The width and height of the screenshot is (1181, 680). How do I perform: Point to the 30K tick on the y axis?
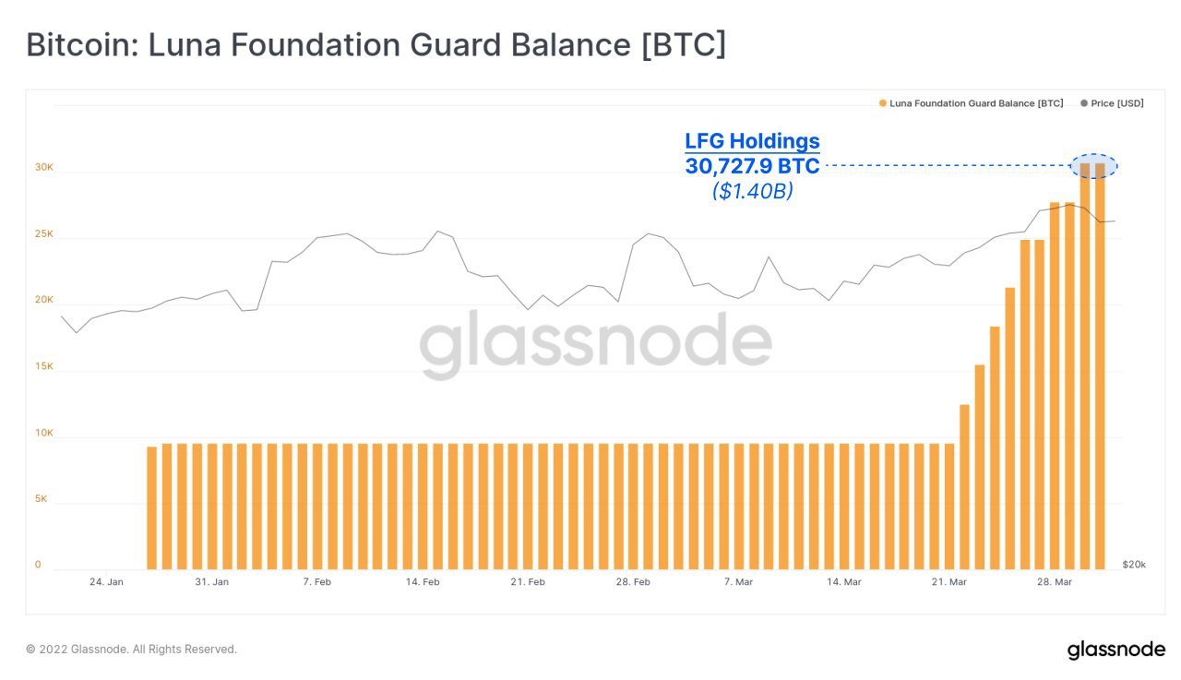[x=44, y=168]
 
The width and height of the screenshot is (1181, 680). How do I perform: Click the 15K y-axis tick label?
[x=44, y=366]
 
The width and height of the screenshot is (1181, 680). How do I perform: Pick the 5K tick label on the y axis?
[x=42, y=499]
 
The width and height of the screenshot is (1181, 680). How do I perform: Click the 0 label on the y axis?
[x=38, y=565]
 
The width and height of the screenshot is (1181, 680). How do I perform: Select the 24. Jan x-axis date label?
[x=107, y=582]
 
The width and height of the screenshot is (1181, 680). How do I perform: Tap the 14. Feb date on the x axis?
[x=423, y=582]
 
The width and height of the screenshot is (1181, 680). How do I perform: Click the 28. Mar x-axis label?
[x=1055, y=582]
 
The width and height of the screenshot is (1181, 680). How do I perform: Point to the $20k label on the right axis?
[x=1134, y=564]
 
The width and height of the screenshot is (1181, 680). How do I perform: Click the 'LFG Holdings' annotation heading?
[x=752, y=141]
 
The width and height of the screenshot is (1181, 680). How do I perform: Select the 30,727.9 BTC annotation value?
[x=752, y=167]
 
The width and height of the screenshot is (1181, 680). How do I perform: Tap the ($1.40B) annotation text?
[x=752, y=192]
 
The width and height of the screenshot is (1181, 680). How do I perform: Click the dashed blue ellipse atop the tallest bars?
[x=1093, y=166]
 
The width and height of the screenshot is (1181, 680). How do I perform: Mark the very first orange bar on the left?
[x=151, y=507]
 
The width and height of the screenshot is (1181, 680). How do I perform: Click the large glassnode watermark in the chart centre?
[x=595, y=343]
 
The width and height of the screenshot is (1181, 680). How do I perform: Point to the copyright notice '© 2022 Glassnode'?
[x=131, y=650]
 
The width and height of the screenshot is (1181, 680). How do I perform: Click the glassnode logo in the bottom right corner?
[x=1116, y=650]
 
